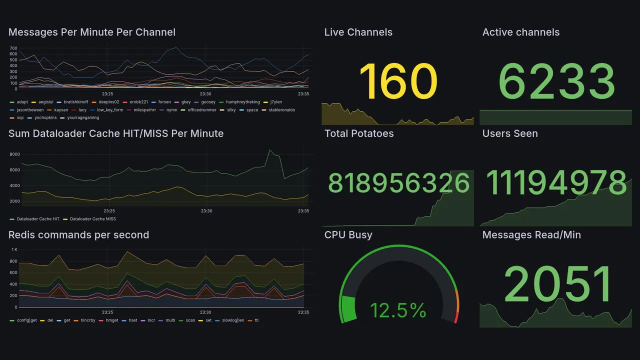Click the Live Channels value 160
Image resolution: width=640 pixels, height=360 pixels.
(398, 81)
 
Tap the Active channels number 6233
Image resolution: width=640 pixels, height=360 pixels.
(556, 81)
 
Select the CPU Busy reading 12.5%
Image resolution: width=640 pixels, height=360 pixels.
(398, 310)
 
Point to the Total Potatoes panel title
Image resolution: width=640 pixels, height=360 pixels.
(359, 133)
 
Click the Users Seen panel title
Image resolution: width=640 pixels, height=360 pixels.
(510, 133)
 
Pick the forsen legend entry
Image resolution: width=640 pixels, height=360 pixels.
(164, 102)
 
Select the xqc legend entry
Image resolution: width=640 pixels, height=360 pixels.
(20, 118)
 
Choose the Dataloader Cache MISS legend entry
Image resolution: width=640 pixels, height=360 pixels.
(92, 219)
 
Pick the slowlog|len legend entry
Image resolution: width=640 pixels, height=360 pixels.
(233, 320)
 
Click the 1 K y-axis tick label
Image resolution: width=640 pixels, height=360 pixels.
(14, 249)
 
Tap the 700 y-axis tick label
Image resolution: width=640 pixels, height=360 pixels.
(13, 48)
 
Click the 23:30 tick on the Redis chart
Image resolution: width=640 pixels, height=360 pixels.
(205, 312)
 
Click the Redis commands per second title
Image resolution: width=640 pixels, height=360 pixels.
(78, 235)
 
